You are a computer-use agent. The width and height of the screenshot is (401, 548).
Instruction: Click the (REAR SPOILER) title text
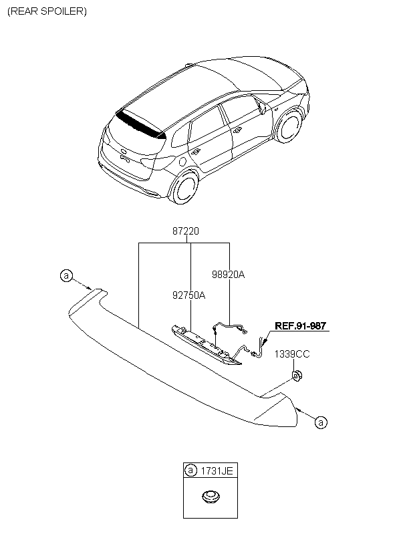[47, 11]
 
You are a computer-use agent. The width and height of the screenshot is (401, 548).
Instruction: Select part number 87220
[186, 231]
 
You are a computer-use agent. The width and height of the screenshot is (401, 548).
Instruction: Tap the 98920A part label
[229, 275]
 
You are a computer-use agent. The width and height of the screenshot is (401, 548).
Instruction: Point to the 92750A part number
[188, 295]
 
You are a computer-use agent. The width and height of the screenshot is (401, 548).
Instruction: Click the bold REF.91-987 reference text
[301, 325]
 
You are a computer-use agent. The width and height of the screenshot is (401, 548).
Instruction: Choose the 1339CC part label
[292, 354]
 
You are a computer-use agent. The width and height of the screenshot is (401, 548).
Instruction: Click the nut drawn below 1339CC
[297, 376]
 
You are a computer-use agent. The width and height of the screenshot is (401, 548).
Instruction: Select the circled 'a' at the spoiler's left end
[66, 276]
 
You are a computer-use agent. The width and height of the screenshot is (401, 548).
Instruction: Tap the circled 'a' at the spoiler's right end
[321, 422]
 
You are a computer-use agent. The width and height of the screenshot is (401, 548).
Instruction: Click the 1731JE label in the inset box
[217, 470]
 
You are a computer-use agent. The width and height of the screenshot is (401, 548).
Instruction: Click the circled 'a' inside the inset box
[190, 470]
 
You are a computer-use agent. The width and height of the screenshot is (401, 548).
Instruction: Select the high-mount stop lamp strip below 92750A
[207, 345]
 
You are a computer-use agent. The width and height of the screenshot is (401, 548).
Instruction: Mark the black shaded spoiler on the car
[141, 124]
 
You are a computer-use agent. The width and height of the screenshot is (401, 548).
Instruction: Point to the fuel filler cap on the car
[182, 162]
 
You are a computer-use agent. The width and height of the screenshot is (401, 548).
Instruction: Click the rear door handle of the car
[195, 152]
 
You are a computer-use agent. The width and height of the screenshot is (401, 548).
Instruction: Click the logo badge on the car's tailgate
[124, 152]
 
